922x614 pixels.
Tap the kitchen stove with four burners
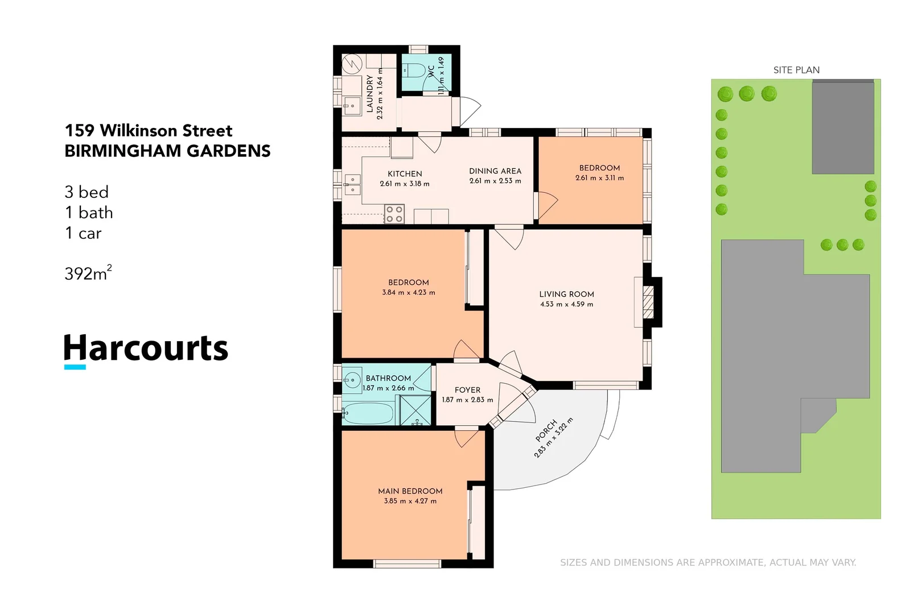(394, 214)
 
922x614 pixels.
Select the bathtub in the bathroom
(369, 413)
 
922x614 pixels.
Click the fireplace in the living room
(649, 302)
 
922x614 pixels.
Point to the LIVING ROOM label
(566, 294)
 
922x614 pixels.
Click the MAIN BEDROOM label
(410, 491)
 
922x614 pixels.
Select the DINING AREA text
(495, 171)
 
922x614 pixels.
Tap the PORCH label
(546, 430)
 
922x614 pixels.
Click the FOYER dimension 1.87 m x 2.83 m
(467, 400)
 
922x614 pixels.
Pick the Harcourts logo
(146, 349)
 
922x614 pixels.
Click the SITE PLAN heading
(796, 70)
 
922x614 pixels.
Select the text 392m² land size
(88, 273)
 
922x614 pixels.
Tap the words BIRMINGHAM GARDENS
(167, 151)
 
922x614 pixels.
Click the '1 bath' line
(89, 213)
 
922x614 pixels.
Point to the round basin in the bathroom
(352, 379)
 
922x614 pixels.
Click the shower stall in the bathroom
(415, 410)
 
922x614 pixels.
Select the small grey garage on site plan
(842, 127)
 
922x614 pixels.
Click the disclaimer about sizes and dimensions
(707, 562)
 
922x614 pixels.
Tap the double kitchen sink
(352, 185)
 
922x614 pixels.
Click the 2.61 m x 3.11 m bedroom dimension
(599, 178)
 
